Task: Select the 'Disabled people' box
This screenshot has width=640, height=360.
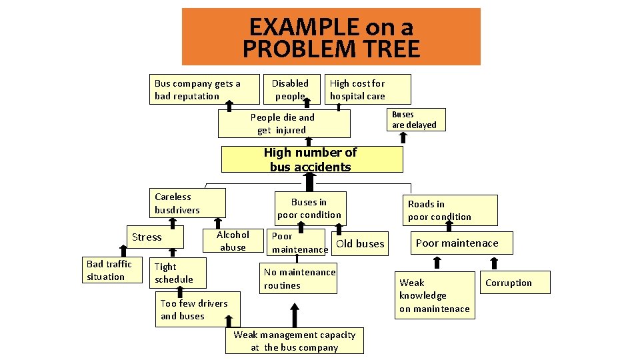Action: tap(290, 89)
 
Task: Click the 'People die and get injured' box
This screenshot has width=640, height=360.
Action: tap(283, 123)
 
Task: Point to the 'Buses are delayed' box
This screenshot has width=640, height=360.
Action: tap(414, 119)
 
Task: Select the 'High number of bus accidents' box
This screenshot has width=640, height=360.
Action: tap(311, 160)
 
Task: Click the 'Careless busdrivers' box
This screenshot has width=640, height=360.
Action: tap(187, 203)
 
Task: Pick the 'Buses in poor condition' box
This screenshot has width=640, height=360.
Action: tap(309, 208)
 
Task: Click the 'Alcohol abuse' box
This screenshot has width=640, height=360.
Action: tap(233, 241)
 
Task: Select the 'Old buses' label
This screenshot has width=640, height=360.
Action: tap(360, 243)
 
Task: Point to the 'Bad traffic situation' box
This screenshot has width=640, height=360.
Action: tap(109, 270)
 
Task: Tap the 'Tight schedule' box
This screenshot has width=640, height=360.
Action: tap(177, 273)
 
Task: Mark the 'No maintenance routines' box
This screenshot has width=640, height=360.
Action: tap(300, 279)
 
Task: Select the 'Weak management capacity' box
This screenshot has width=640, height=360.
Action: tap(294, 341)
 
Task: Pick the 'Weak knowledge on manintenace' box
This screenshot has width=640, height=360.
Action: tap(435, 295)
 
